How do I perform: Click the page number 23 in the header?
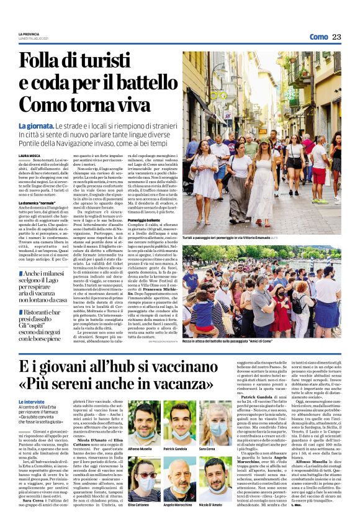coord(336,37)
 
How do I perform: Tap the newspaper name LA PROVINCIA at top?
coord(29,34)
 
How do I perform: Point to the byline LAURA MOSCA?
coord(29,155)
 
